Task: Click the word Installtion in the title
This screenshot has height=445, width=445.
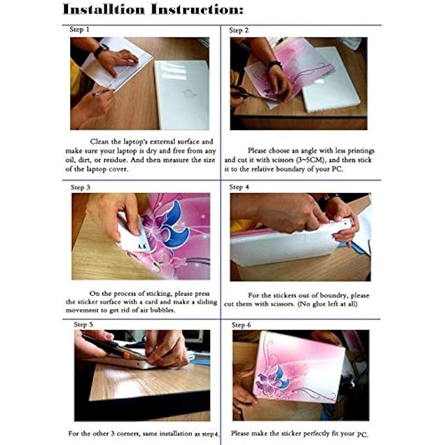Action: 103,9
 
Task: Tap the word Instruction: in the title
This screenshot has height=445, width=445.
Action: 197,9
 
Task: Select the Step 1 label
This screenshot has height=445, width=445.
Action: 79,29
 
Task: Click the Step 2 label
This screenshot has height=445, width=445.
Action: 239,30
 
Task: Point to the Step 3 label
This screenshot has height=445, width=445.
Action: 80,187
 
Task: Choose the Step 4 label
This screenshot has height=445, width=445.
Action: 239,187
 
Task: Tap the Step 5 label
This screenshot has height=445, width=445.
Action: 84,325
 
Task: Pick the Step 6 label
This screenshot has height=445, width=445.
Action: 241,325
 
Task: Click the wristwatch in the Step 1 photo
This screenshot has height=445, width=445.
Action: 101,50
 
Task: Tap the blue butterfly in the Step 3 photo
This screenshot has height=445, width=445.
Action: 175,225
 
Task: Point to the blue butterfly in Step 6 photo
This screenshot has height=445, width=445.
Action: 280,377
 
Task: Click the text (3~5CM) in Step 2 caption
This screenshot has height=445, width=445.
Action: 310,160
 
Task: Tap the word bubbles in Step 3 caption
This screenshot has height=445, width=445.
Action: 162,310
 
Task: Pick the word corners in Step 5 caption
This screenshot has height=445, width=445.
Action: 128,434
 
